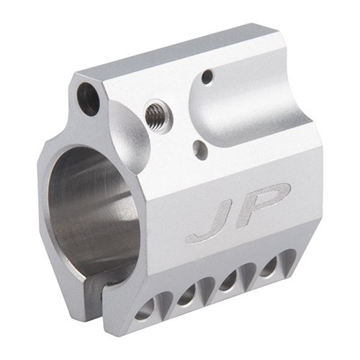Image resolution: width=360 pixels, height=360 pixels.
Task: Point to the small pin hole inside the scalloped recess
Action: [x=207, y=75]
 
